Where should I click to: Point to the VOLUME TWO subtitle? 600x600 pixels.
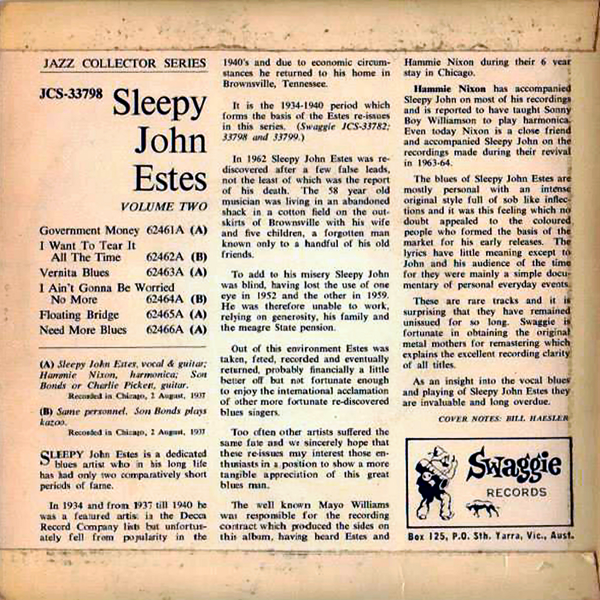coord(163,207)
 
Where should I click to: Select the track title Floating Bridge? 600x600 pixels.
coord(79,314)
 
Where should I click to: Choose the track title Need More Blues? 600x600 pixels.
coord(83,329)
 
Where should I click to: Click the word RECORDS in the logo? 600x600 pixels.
coord(516,493)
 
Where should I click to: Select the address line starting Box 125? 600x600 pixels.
coord(489,533)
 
